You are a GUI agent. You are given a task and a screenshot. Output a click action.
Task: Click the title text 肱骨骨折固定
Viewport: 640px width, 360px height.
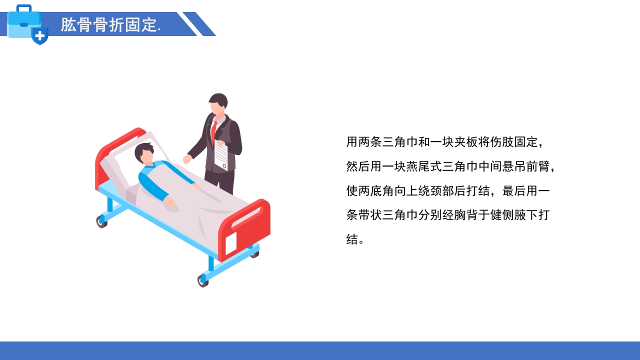point(110,24)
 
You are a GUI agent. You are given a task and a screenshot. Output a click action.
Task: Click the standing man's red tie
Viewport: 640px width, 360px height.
point(214,131)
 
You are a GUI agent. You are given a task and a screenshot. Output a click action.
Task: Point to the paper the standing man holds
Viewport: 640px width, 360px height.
point(221,155)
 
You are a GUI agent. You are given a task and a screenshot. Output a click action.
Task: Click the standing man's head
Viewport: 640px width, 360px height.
point(218,103)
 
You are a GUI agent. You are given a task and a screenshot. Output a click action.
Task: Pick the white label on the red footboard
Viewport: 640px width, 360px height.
point(231,243)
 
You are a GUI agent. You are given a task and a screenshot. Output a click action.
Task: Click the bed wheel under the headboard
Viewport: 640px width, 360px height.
point(101,221)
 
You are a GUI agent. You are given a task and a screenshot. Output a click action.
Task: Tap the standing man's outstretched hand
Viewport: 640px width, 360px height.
point(187,159)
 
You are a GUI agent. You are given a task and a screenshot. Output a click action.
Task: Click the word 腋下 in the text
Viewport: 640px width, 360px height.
point(526,215)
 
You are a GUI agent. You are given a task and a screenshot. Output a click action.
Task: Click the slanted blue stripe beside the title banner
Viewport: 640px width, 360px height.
point(199,24)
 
